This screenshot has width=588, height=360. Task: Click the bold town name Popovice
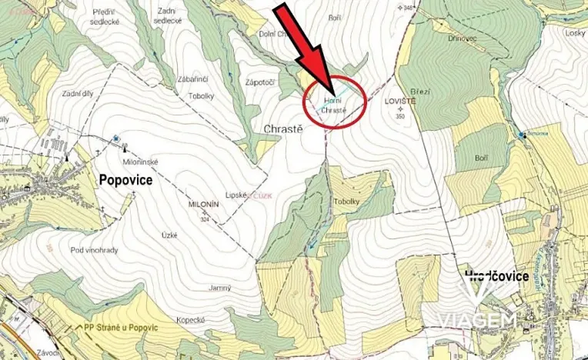tap(126, 179)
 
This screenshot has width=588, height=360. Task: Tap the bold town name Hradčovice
tap(496, 275)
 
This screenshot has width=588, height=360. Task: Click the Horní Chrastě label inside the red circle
tap(333, 105)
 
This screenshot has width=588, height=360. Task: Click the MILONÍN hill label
tap(203, 205)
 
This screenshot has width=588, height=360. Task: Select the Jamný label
tap(220, 288)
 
